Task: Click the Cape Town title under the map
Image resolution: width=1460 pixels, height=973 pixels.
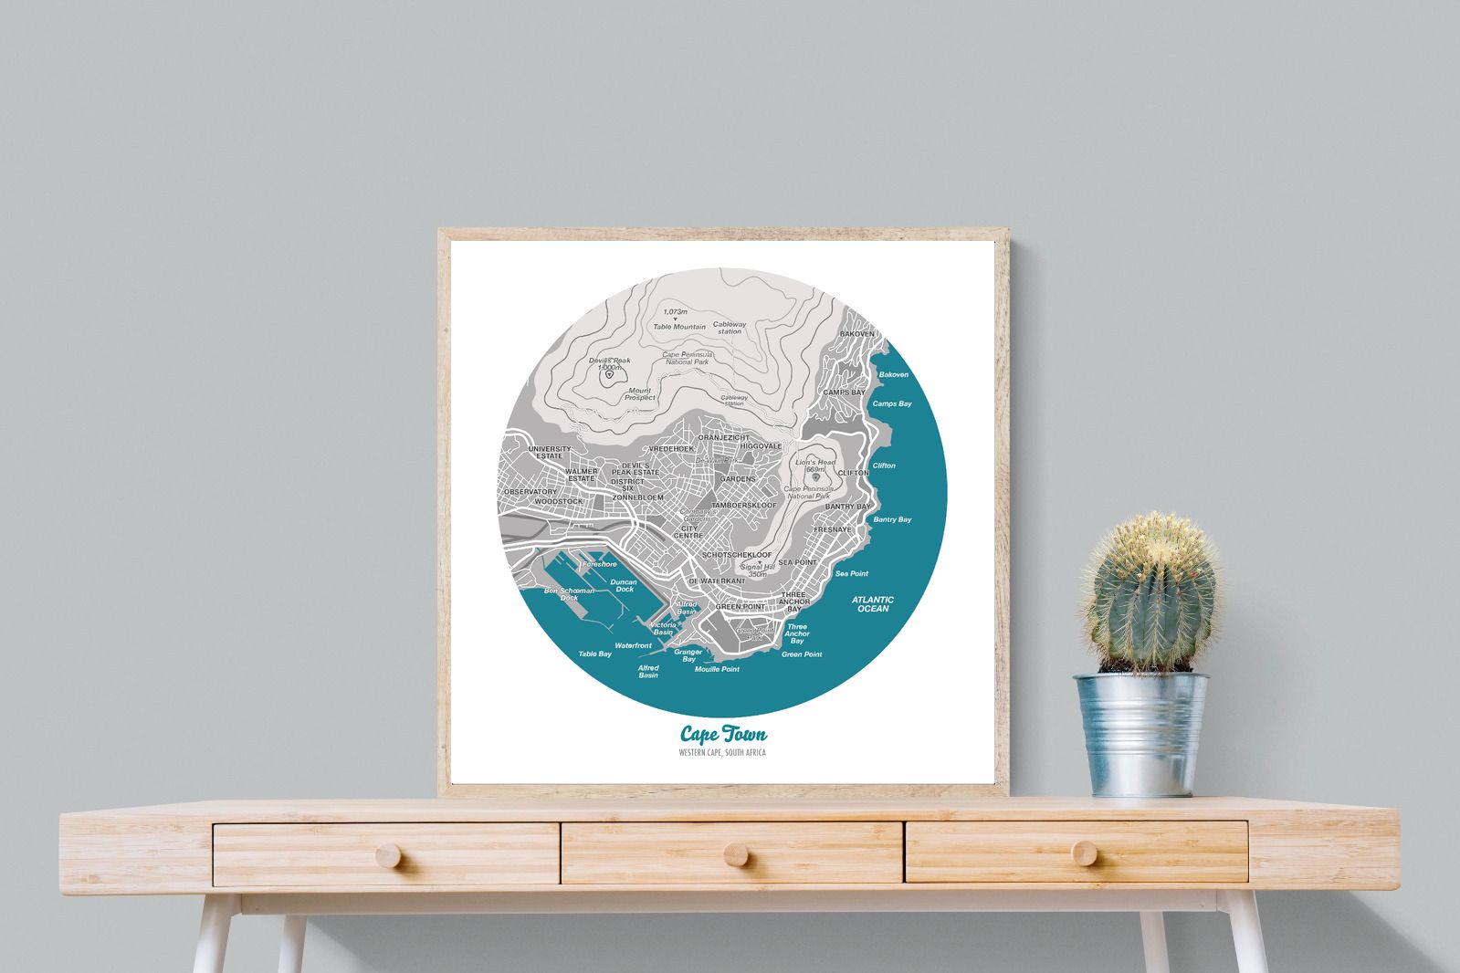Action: pyautogui.click(x=723, y=735)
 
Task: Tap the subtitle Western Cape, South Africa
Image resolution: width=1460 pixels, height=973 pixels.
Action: pyautogui.click(x=722, y=753)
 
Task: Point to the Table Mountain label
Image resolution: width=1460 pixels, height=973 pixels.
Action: pyautogui.click(x=679, y=327)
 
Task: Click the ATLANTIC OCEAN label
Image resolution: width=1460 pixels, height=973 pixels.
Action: pyautogui.click(x=873, y=604)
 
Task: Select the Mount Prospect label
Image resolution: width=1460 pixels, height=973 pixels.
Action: pyautogui.click(x=639, y=394)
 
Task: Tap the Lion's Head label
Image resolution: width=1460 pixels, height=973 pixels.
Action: pyautogui.click(x=815, y=463)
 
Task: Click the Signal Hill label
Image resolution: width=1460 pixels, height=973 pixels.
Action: pyautogui.click(x=758, y=570)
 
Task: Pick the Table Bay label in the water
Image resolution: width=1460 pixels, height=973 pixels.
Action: pyautogui.click(x=595, y=654)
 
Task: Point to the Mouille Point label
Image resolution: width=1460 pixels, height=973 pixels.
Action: pyautogui.click(x=717, y=669)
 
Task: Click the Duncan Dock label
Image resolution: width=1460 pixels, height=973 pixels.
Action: pyautogui.click(x=624, y=585)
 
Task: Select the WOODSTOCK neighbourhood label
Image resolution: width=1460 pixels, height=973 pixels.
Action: pyautogui.click(x=558, y=501)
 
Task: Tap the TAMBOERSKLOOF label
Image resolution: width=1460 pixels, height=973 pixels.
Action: pyautogui.click(x=744, y=505)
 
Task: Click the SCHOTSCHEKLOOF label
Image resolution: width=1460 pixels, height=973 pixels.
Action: pyautogui.click(x=737, y=554)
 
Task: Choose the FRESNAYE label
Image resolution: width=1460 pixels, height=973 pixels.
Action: pyautogui.click(x=832, y=529)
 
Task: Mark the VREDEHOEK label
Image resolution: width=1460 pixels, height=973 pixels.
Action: pyautogui.click(x=671, y=448)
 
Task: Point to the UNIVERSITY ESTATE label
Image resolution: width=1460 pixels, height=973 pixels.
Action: pyautogui.click(x=550, y=452)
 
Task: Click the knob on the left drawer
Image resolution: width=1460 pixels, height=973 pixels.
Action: pyautogui.click(x=388, y=855)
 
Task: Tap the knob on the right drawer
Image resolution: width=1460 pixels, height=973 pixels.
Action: pyautogui.click(x=1085, y=853)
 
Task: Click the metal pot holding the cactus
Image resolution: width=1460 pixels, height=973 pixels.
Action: pyautogui.click(x=1141, y=734)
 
